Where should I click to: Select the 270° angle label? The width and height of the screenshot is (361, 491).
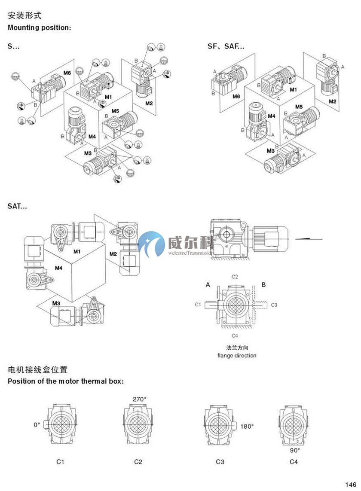(139, 399)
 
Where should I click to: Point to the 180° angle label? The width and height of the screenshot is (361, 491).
(247, 427)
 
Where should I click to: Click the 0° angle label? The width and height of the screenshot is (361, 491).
(37, 424)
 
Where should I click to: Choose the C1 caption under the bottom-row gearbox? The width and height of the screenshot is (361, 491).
(61, 462)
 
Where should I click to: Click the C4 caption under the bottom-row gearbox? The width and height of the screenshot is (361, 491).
(294, 462)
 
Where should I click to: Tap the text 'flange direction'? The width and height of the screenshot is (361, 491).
(237, 355)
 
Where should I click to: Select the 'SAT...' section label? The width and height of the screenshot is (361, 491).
(17, 206)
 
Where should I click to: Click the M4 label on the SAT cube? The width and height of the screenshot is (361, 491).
(59, 268)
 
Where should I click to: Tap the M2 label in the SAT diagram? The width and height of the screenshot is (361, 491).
(113, 254)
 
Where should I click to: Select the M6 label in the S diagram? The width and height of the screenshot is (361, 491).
(67, 73)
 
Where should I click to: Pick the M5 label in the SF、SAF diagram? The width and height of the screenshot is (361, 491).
(299, 107)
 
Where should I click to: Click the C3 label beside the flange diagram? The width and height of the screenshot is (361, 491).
(274, 305)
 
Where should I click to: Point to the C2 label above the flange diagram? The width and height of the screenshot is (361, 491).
(235, 277)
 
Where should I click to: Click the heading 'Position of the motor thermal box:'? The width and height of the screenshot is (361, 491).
(66, 381)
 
